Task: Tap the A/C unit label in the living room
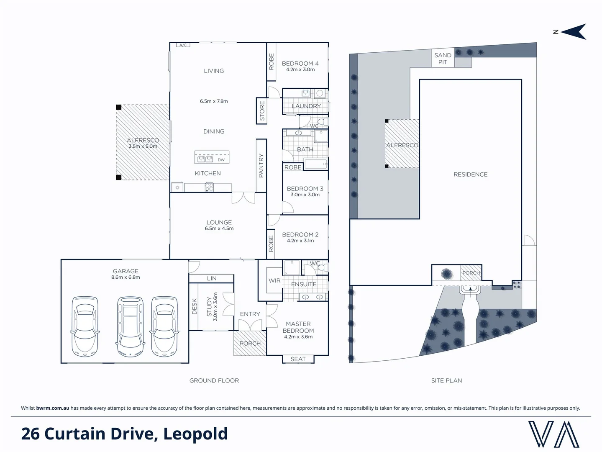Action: tap(183, 45)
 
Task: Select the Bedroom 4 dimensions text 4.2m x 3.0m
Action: tap(300, 69)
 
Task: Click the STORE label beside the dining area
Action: tap(262, 111)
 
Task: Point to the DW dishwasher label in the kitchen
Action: tap(221, 159)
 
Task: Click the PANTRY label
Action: tap(261, 165)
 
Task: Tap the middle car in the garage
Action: tap(130, 326)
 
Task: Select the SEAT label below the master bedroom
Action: tap(298, 359)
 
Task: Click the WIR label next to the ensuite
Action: tap(274, 280)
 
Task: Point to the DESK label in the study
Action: tap(194, 306)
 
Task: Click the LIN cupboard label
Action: tap(212, 278)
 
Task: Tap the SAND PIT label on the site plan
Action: tap(443, 59)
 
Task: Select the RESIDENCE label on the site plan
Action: tap(470, 175)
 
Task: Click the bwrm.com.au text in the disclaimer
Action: tap(53, 408)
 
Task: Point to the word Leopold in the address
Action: tap(195, 434)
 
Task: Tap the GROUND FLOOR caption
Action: tap(214, 380)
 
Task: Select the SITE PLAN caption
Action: tap(446, 380)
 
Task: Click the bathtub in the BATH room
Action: tap(316, 164)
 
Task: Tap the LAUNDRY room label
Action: tap(306, 106)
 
